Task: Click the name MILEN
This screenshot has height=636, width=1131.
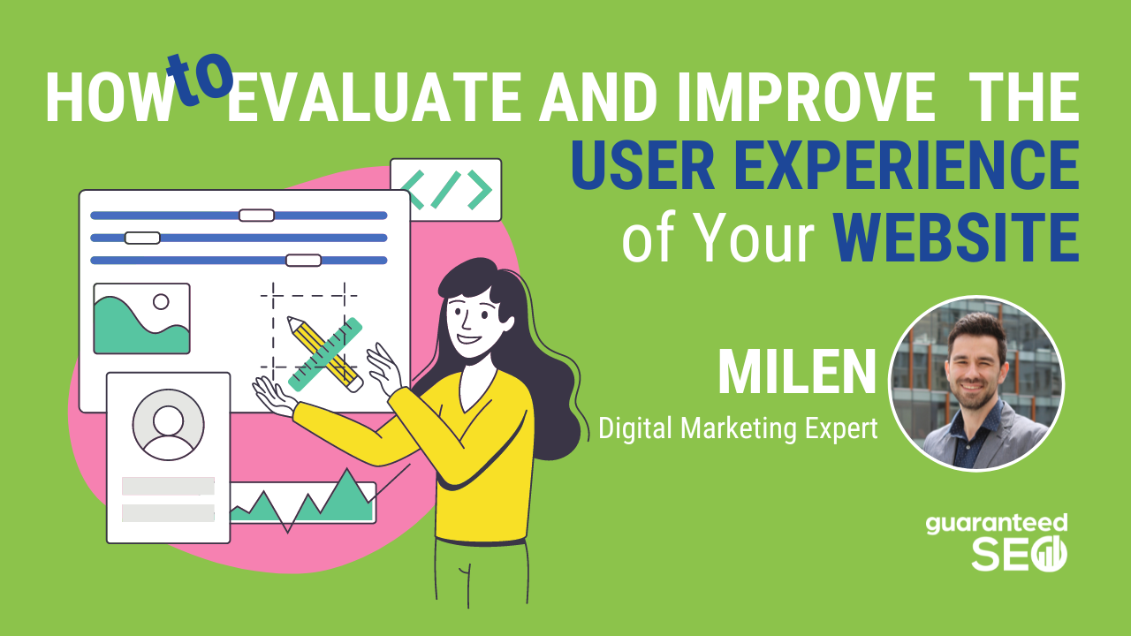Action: click(796, 374)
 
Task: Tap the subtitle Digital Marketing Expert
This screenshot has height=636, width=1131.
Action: click(739, 429)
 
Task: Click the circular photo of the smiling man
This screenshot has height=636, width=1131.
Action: click(975, 383)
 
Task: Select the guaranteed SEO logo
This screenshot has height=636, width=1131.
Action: click(996, 541)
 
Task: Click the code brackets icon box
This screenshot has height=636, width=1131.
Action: click(446, 189)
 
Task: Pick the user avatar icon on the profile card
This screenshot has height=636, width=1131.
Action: click(168, 424)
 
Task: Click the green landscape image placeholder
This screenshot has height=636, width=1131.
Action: click(141, 319)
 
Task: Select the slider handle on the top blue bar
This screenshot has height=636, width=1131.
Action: click(256, 216)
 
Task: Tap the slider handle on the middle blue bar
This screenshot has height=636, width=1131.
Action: click(142, 238)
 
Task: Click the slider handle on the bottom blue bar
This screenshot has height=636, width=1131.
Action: click(303, 260)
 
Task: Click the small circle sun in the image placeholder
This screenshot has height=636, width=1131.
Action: click(161, 302)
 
